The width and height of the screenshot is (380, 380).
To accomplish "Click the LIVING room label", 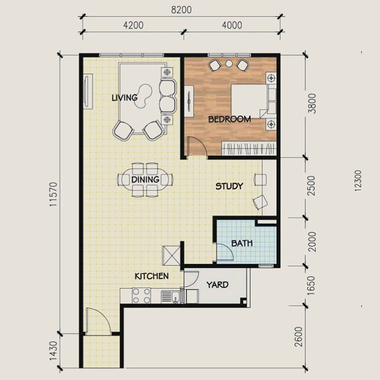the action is [x=124, y=98].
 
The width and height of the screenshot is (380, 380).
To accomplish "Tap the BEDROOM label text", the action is [x=229, y=119].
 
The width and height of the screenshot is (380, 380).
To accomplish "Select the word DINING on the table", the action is [x=145, y=180].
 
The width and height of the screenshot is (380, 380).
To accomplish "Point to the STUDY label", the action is [x=229, y=186].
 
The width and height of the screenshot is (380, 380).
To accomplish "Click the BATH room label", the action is [x=242, y=243].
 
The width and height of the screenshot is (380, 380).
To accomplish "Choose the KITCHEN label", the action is [x=152, y=276].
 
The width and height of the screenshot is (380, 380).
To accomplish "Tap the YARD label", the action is [x=218, y=285].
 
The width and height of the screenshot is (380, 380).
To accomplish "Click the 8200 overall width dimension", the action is [x=181, y=10].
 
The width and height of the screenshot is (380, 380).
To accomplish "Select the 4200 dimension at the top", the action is [x=133, y=25].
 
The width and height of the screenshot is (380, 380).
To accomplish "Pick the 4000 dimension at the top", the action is [x=232, y=25].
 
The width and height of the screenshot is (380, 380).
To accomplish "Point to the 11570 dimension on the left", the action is [x=53, y=194].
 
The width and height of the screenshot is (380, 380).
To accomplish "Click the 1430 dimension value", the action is [x=53, y=351].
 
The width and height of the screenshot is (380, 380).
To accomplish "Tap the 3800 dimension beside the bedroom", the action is [x=312, y=103].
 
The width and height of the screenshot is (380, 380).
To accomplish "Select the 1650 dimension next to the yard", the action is [x=311, y=285].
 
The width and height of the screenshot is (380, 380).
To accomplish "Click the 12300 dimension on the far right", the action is [x=358, y=181].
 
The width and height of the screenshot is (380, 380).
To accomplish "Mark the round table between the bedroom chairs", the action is [x=229, y=64].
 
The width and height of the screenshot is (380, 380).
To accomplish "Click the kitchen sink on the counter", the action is [x=171, y=297].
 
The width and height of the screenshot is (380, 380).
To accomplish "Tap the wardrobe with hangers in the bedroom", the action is [x=249, y=148].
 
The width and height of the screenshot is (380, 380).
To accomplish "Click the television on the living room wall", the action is [x=88, y=91].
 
